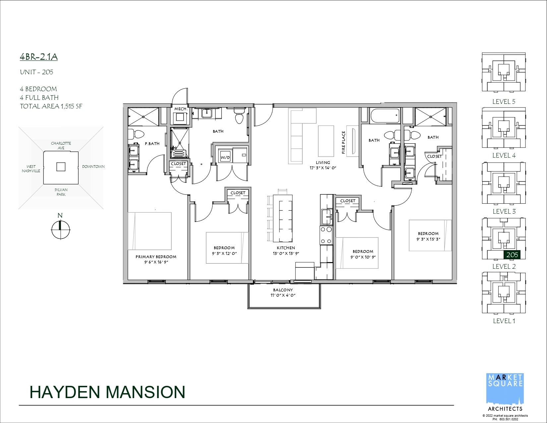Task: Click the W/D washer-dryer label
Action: tap(225, 158)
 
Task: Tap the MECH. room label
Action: tap(181, 109)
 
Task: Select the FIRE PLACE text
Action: tap(343, 142)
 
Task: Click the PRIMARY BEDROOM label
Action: tap(156, 257)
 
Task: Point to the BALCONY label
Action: tap(283, 290)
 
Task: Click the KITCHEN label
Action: tap(286, 248)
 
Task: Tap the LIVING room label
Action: tap(323, 163)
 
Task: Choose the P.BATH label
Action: tap(152, 144)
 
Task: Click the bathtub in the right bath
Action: tap(385, 116)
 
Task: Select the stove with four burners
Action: tap(326, 235)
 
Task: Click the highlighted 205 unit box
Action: tap(512, 255)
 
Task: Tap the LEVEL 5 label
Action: tap(504, 102)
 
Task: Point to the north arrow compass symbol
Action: tap(60, 230)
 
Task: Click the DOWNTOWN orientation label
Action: tap(93, 167)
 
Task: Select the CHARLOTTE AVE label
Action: tap(61, 146)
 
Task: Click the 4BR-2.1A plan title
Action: tap(39, 57)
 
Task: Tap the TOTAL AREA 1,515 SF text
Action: tap(51, 106)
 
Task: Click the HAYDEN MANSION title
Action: tap(107, 392)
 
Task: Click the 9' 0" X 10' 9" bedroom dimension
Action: tap(363, 257)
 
